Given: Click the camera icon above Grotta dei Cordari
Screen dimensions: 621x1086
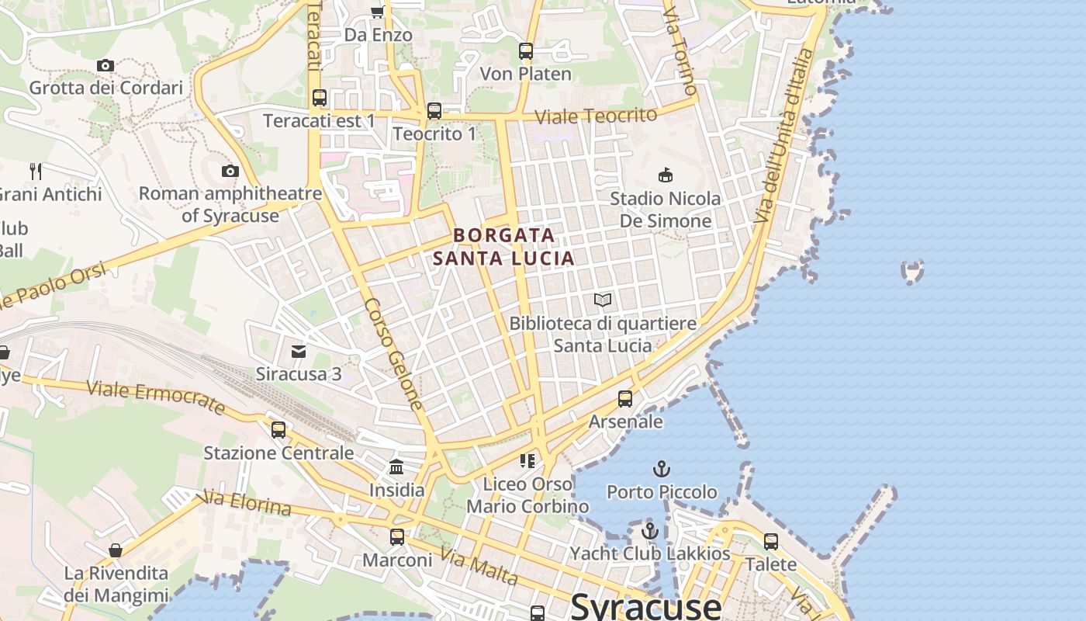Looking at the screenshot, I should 105,66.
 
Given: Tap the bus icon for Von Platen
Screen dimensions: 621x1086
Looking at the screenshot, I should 526,52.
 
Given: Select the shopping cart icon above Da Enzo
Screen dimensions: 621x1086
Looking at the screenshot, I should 378,12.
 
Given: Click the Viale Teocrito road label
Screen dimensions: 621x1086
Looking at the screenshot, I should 597,116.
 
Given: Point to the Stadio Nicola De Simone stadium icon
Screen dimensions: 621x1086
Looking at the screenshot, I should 665,175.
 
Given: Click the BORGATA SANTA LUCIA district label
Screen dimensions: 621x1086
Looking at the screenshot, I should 504,246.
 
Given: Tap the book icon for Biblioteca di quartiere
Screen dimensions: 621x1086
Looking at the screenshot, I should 603,300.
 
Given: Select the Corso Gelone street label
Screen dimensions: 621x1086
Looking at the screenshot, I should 393,353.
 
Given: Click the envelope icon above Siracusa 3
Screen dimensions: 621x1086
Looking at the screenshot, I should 299,352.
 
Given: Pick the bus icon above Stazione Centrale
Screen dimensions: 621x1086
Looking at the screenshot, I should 278,429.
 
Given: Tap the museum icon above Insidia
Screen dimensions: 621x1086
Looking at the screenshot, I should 396,467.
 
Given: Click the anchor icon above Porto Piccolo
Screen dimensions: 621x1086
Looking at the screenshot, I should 662,469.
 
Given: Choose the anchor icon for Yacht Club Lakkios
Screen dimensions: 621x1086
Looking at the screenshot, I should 650,531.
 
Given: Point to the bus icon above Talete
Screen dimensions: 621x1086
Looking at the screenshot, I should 770,541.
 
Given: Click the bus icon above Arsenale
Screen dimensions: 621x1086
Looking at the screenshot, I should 625,399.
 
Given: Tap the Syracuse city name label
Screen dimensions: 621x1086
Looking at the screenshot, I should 645,605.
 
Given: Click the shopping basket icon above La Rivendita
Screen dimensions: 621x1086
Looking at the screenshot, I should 116,550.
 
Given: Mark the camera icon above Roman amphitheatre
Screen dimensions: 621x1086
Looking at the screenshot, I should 230,171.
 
